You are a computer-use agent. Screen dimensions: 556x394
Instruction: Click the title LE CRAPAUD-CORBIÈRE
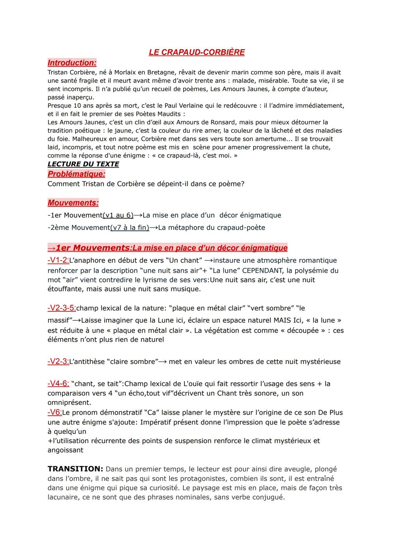(197, 52)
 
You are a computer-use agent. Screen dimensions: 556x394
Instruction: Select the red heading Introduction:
(72, 63)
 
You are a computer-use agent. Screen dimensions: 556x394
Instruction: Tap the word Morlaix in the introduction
(126, 72)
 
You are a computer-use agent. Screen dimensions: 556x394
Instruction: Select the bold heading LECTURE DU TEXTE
(83, 164)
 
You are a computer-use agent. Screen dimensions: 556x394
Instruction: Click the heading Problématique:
(76, 174)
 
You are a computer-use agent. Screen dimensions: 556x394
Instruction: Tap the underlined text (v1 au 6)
(118, 215)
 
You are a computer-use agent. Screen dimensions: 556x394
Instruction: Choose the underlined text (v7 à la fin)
(130, 228)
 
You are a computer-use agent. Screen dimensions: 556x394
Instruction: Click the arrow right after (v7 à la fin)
(154, 228)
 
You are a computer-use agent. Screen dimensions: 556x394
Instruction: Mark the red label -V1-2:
(58, 260)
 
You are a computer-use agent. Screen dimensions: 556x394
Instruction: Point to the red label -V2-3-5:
(62, 308)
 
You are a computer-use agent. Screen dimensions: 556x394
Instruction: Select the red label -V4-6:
(58, 384)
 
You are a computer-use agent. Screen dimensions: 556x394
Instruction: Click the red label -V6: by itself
(55, 412)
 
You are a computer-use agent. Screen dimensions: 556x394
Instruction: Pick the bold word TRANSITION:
(76, 469)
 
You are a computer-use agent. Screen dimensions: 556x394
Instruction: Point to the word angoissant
(65, 450)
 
